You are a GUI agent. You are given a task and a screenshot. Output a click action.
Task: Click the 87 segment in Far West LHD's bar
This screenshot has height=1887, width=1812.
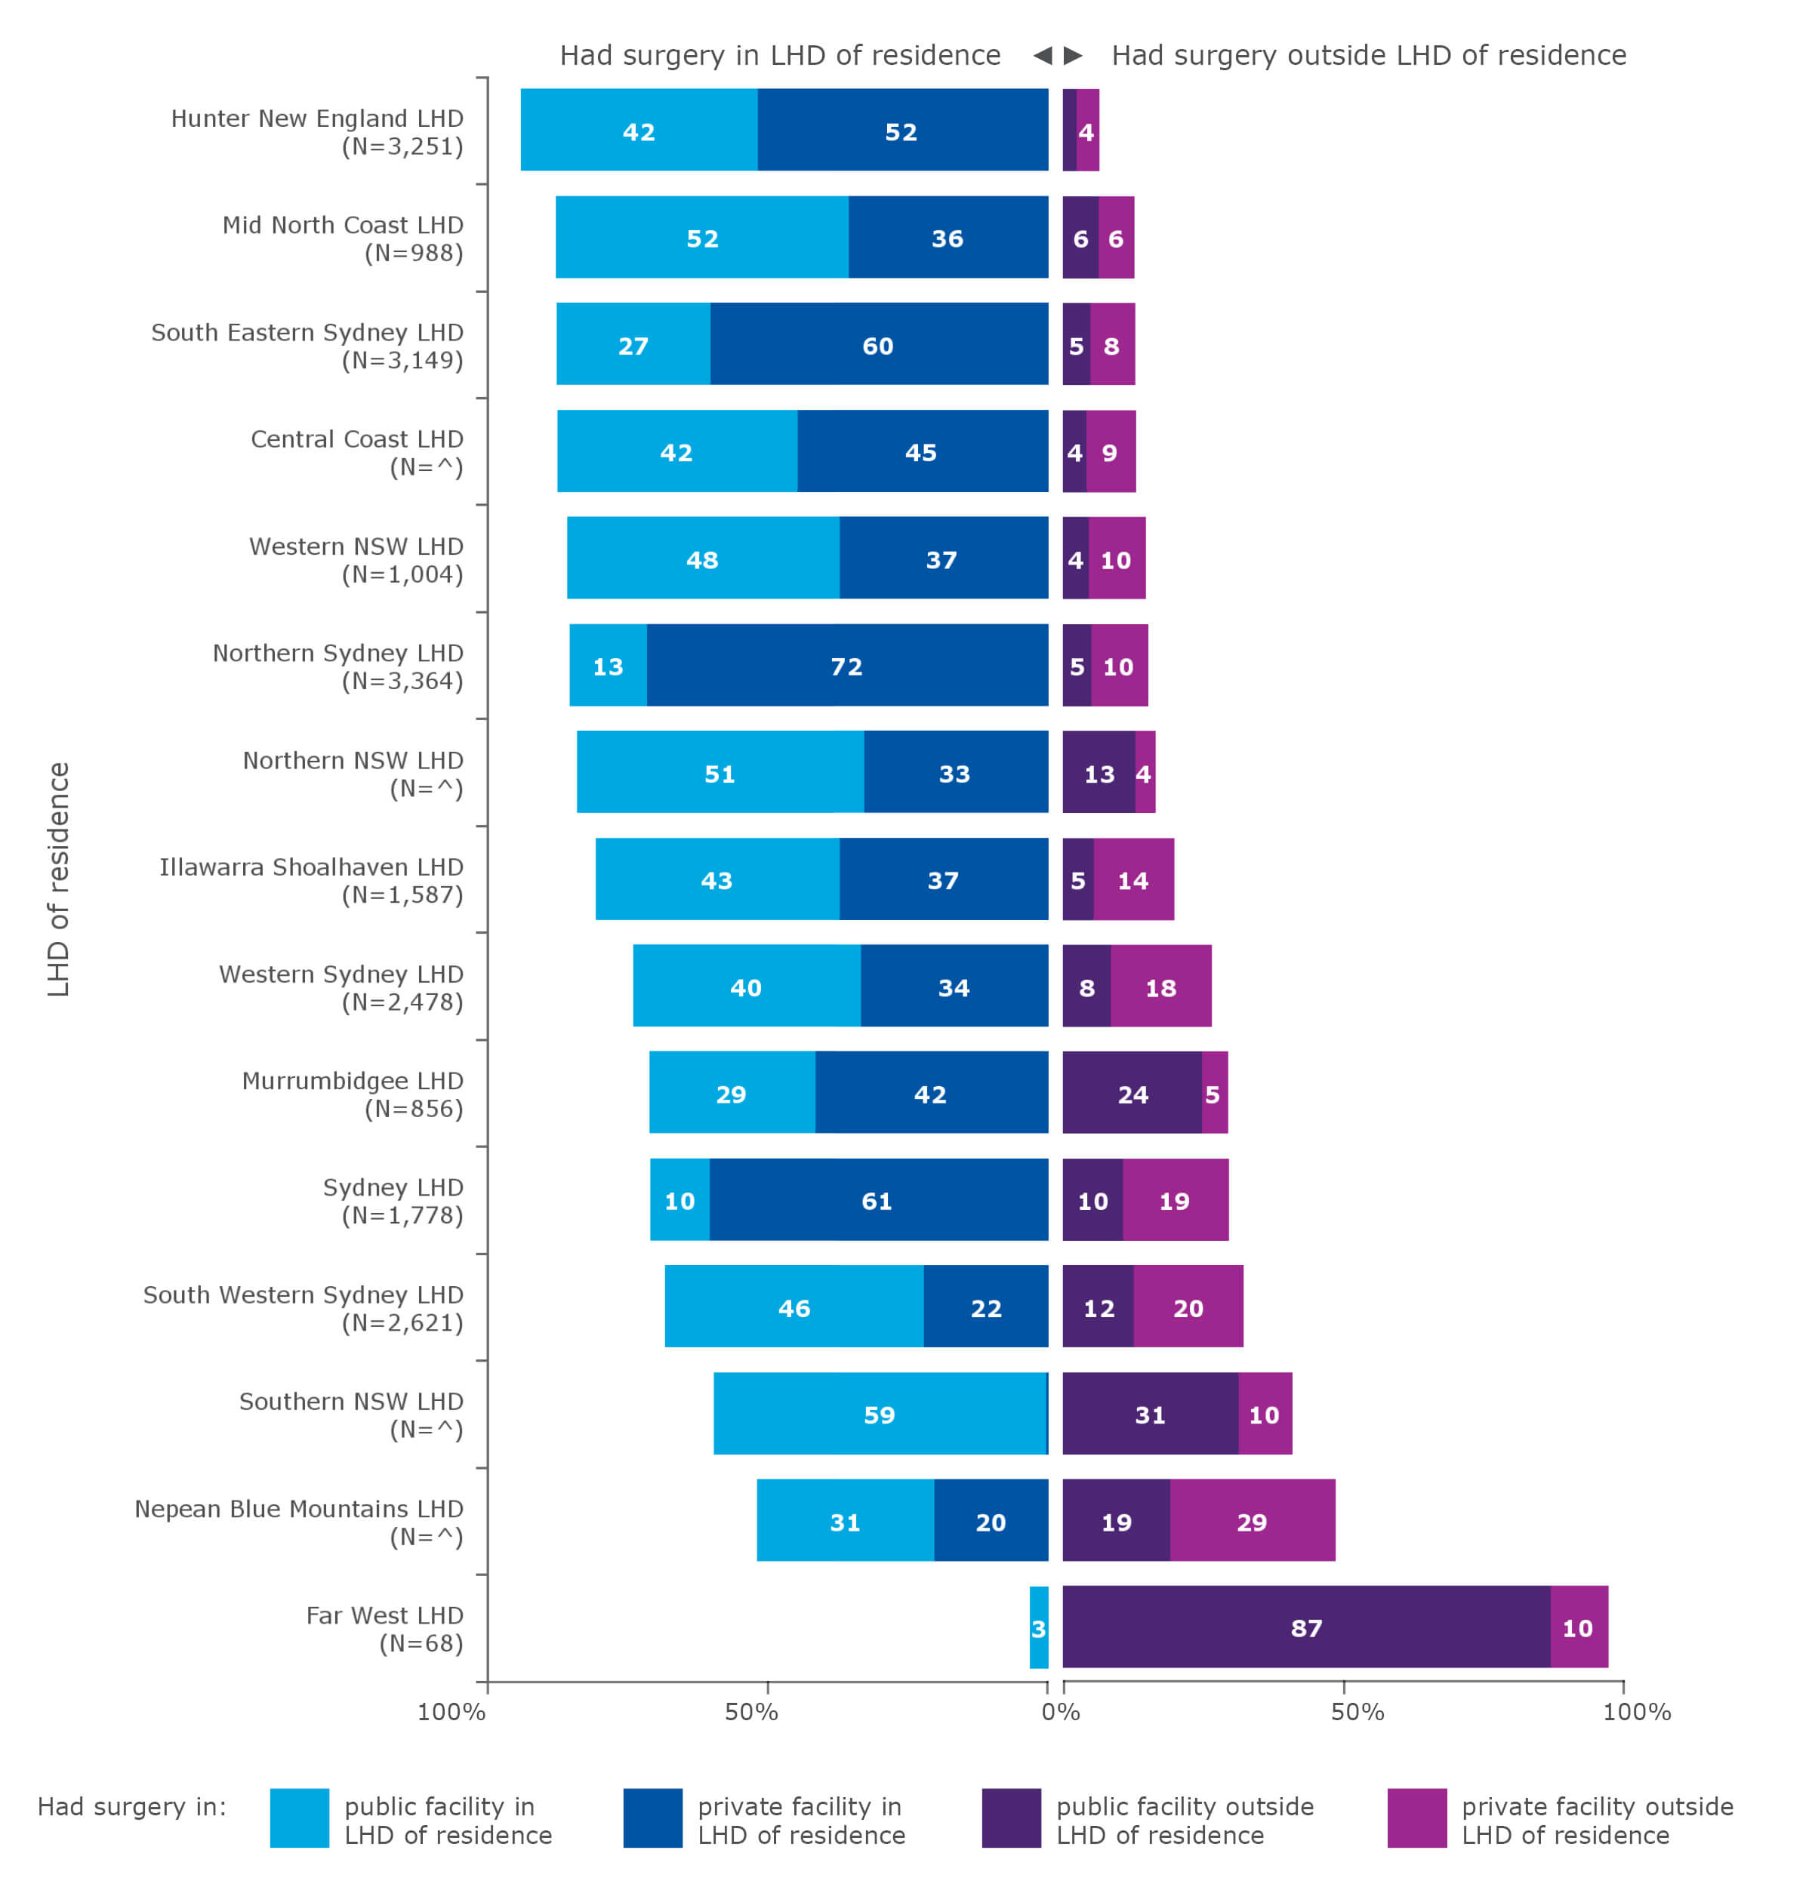[x=1305, y=1628]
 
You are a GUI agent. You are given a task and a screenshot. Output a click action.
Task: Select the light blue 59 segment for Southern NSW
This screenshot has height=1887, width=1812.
[x=879, y=1414]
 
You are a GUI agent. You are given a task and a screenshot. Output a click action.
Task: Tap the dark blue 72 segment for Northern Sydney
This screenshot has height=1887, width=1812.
[x=846, y=666]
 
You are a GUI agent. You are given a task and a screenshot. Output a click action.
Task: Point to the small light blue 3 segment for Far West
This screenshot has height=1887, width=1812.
[x=1038, y=1628]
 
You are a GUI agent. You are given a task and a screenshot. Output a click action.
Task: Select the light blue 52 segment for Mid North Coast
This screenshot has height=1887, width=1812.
[x=702, y=238]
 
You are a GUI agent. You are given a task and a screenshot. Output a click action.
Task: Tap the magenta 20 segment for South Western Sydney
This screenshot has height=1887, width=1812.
[x=1187, y=1307]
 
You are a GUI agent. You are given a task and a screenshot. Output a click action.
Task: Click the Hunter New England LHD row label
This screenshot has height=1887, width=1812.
[x=317, y=132]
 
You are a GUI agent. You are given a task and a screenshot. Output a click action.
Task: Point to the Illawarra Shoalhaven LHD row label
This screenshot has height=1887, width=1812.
[x=311, y=880]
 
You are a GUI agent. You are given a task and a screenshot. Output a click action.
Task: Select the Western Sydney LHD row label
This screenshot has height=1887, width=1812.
[x=341, y=988]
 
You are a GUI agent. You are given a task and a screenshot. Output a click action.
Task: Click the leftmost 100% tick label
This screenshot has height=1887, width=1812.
[x=451, y=1712]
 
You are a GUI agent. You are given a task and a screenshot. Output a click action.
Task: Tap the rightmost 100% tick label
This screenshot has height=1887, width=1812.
[x=1636, y=1712]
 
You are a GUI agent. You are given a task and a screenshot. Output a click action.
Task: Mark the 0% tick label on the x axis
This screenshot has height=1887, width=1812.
[x=1060, y=1712]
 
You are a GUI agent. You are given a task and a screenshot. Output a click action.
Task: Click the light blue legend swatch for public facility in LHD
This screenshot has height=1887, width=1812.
[x=300, y=1818]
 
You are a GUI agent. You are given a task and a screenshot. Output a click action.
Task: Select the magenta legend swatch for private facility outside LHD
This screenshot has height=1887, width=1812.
[x=1416, y=1818]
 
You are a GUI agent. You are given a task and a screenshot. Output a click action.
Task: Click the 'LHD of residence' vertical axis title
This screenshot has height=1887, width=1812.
[x=59, y=879]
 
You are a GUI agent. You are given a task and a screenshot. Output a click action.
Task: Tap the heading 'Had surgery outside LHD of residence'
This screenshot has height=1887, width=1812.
[x=1368, y=55]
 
